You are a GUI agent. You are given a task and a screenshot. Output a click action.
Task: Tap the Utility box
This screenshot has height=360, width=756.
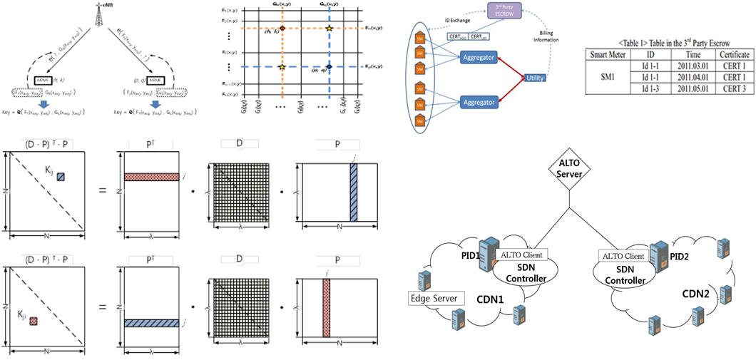[x=535, y=77]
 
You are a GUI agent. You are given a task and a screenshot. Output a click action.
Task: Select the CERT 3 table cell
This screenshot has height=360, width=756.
[x=734, y=88]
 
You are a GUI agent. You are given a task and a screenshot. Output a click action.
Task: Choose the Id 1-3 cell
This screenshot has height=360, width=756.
[x=655, y=88]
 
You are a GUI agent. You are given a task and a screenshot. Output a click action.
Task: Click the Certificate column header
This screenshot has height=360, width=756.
[x=734, y=54]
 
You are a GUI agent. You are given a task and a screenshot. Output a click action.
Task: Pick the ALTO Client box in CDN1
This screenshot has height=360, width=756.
[x=522, y=254]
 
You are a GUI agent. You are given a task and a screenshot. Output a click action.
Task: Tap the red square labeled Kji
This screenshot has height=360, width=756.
[x=34, y=322]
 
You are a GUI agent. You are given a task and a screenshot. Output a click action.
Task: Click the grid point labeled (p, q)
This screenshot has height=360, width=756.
[x=329, y=66]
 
